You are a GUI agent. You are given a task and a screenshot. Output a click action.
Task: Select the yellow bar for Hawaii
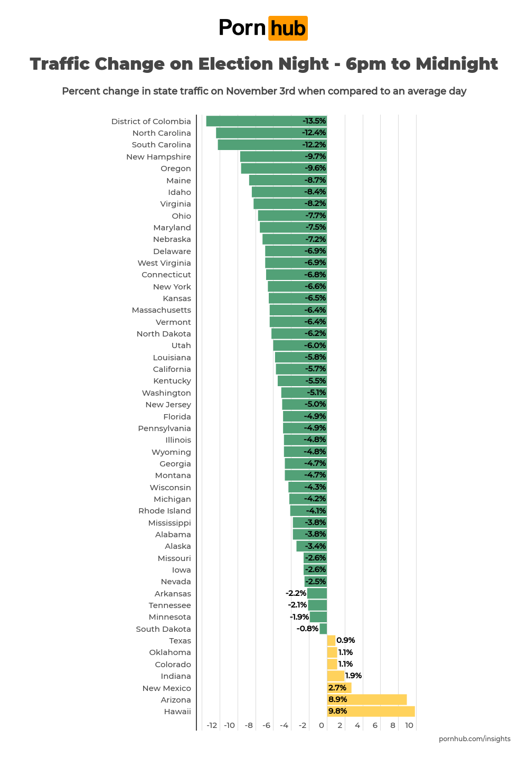click(x=371, y=712)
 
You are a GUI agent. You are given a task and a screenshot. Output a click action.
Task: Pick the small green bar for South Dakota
click(x=323, y=629)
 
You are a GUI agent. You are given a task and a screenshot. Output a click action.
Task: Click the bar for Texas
click(x=331, y=641)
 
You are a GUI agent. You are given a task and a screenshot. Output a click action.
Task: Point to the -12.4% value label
click(x=314, y=133)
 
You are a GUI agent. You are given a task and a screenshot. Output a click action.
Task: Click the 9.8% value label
click(x=337, y=712)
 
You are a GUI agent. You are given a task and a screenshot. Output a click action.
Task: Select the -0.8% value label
click(x=307, y=629)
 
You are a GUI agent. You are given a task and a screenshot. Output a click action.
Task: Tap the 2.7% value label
click(x=337, y=688)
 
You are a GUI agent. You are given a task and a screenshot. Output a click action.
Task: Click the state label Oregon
click(x=176, y=169)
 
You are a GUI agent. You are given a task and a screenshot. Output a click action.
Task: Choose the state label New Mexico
click(x=166, y=688)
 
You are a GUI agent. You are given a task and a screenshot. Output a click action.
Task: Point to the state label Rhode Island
click(x=164, y=511)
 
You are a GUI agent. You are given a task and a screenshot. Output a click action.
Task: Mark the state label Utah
click(x=181, y=345)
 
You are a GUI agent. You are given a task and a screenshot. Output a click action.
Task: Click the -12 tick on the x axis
click(x=212, y=725)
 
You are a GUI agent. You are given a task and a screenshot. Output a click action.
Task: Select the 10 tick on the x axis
click(x=409, y=725)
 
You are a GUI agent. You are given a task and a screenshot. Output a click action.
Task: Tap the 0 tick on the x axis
click(x=322, y=725)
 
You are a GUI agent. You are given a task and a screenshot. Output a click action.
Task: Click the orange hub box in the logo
click(x=288, y=28)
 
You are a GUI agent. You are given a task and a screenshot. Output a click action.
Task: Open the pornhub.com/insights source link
click(x=474, y=739)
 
